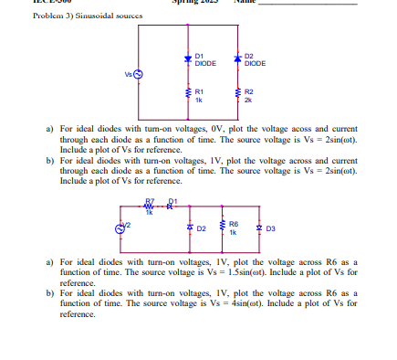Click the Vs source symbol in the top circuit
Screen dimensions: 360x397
point(139,74)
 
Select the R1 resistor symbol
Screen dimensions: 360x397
point(189,95)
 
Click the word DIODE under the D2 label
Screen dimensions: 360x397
point(255,63)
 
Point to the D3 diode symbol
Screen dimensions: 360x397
point(258,228)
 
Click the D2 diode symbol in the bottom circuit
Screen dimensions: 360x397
point(189,228)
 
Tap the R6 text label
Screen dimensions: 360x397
point(234,223)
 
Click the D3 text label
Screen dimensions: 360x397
point(271,228)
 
